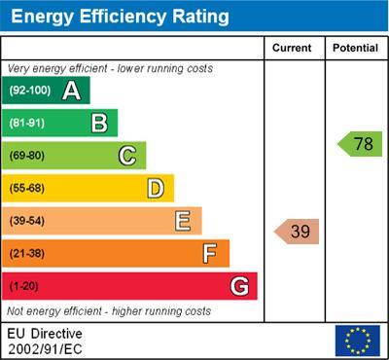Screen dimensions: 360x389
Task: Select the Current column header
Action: pyautogui.click(x=292, y=48)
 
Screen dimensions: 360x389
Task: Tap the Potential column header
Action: pyautogui.click(x=355, y=48)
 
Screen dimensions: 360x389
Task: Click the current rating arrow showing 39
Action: pyautogui.click(x=298, y=232)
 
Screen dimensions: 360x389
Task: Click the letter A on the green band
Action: pyautogui.click(x=71, y=90)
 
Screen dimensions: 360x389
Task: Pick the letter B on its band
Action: pyautogui.click(x=99, y=123)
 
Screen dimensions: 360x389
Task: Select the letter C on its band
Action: pyautogui.click(x=127, y=156)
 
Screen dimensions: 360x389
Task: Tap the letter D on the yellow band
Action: pyautogui.click(x=155, y=188)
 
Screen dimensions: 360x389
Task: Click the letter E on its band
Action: pyautogui.click(x=183, y=221)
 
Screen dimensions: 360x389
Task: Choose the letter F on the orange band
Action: pyautogui.click(x=210, y=254)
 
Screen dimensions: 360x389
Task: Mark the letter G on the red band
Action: pyautogui.click(x=238, y=286)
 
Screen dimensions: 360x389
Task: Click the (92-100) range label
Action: pyautogui.click(x=30, y=90)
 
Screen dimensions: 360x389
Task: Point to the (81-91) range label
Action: pyautogui.click(x=28, y=124)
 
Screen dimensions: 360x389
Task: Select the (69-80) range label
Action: pyautogui.click(x=28, y=156)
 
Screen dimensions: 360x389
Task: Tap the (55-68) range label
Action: pyautogui.click(x=28, y=189)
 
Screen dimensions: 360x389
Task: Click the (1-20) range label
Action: pyautogui.click(x=25, y=287)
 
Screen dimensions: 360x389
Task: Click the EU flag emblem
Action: pyautogui.click(x=357, y=340)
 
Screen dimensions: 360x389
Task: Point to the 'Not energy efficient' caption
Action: pyautogui.click(x=109, y=311)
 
